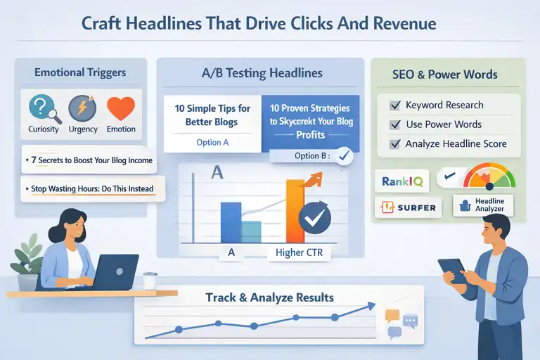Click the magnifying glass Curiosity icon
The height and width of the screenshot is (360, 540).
tap(41, 109)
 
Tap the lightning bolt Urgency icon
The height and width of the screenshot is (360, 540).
tap(82, 109)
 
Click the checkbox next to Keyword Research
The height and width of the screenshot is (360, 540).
tap(395, 105)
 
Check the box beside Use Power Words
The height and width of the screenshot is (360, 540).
tap(395, 124)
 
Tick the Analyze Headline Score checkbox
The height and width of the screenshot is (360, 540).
tap(395, 144)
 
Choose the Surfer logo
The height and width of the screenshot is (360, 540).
tap(407, 207)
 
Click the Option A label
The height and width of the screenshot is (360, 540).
tap(212, 142)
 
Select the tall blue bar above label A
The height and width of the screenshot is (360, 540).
tap(231, 222)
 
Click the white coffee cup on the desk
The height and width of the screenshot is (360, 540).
tap(149, 280)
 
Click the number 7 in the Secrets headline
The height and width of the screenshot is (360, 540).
tap(32, 160)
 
